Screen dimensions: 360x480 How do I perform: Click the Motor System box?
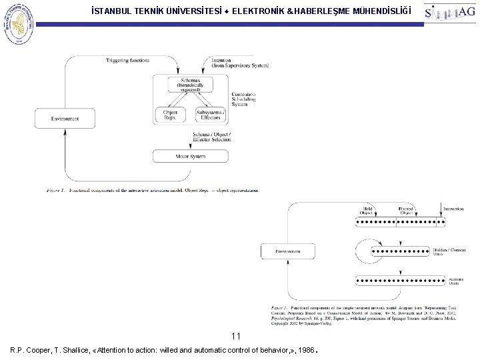191,157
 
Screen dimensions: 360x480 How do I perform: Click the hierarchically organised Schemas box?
191,84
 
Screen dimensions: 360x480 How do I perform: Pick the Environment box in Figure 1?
65,119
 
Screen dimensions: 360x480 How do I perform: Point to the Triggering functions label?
128,61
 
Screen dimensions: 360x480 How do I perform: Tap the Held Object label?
367,211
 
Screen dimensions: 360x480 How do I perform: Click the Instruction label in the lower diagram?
453,209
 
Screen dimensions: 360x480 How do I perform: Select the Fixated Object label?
407,211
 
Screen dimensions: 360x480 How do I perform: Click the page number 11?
235,335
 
